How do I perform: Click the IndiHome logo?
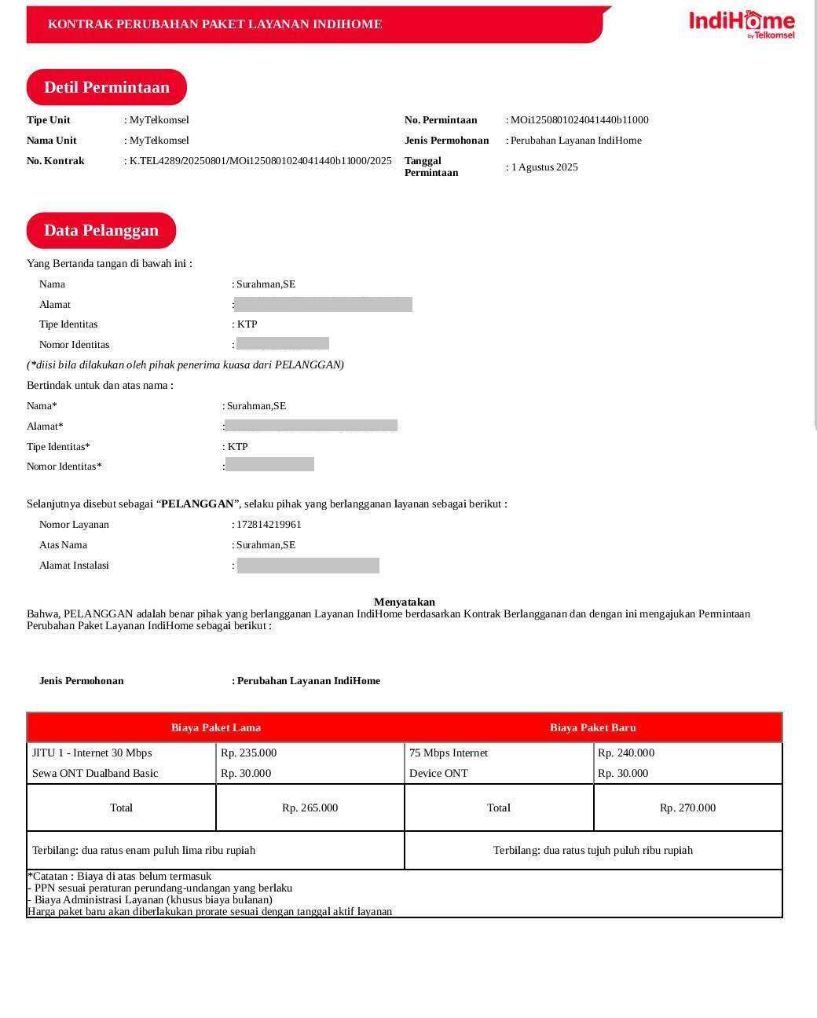click(742, 23)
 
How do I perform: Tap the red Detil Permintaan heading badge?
click(107, 87)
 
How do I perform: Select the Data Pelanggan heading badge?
click(101, 230)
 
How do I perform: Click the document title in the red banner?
click(214, 24)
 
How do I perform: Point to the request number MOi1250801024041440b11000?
click(580, 120)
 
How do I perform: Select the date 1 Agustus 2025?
click(544, 167)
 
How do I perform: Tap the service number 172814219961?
click(269, 525)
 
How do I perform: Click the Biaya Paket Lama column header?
click(216, 727)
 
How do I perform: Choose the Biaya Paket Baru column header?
click(593, 727)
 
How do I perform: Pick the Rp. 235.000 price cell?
click(249, 753)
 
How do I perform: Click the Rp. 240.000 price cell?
click(626, 753)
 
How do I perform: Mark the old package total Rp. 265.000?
click(310, 808)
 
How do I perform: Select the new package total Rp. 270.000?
click(687, 808)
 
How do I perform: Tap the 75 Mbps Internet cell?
click(449, 753)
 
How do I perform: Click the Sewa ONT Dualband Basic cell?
click(95, 774)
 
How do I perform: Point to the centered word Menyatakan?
click(405, 602)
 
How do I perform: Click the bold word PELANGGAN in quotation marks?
click(197, 504)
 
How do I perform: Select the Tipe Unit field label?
click(49, 120)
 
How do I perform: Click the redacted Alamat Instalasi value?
click(308, 566)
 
